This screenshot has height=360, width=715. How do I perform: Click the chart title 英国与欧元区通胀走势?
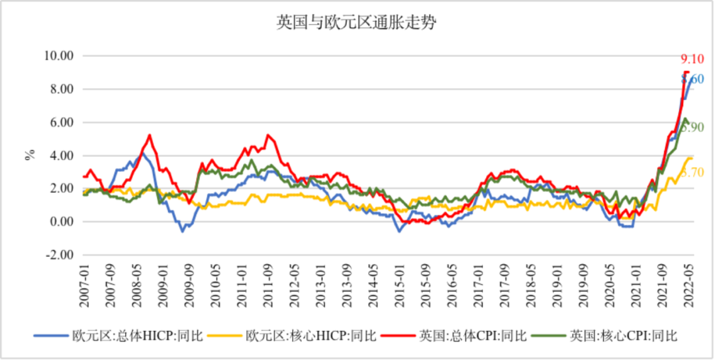[357, 24]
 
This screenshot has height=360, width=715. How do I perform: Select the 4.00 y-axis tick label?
[58, 156]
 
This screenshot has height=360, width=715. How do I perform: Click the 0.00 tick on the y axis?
[58, 222]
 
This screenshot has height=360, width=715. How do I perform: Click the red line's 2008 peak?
[149, 135]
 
